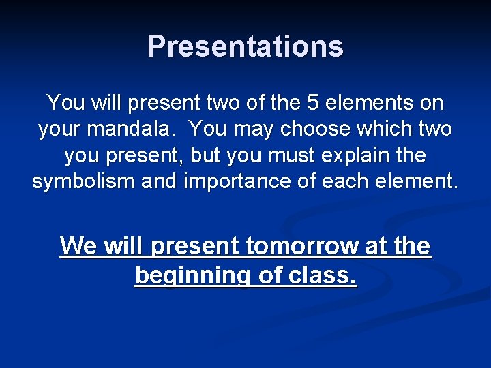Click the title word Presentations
coord(245,46)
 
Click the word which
coord(385,129)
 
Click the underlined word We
coord(78,245)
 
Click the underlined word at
coord(375,245)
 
